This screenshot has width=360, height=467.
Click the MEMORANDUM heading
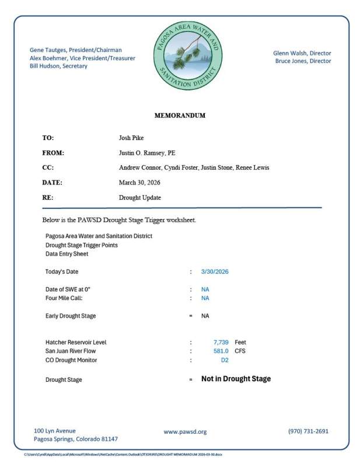click(180, 116)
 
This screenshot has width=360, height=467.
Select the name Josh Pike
click(132, 138)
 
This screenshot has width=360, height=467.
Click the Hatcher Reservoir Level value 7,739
click(222, 342)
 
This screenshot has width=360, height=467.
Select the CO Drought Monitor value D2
click(225, 360)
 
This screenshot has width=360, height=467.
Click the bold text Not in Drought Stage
click(236, 379)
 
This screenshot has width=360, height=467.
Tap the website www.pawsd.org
click(185, 432)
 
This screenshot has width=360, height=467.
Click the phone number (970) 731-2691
click(308, 431)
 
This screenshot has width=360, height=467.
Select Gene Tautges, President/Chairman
click(76, 50)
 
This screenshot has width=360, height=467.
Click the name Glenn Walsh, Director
click(302, 53)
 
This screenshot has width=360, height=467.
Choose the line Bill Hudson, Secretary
click(58, 66)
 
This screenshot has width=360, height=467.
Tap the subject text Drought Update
click(140, 198)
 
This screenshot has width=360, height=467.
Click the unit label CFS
click(240, 351)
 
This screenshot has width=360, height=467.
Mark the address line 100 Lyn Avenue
click(55, 431)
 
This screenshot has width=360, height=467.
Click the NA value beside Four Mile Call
click(205, 298)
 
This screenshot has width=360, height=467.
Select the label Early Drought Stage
click(71, 316)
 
